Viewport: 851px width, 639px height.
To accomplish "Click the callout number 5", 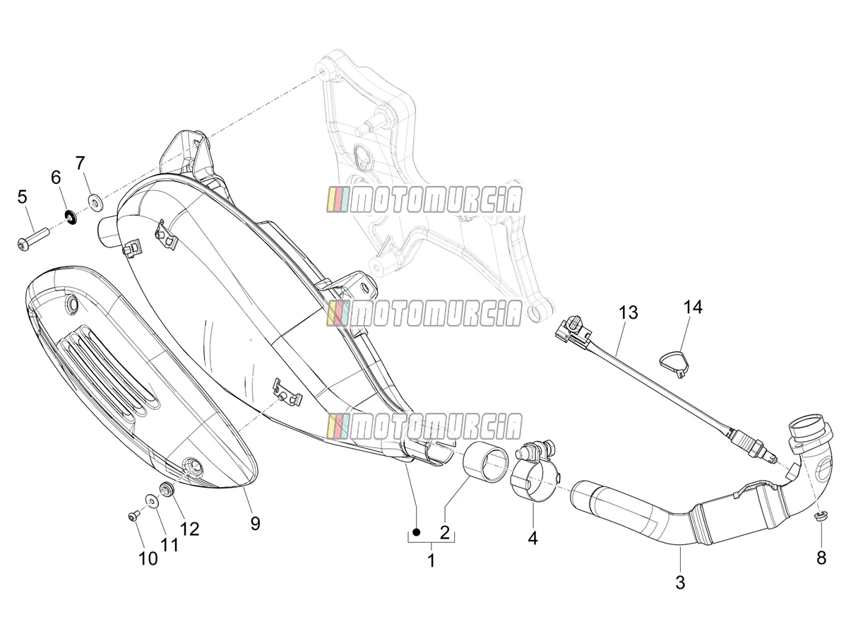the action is pos(23,197).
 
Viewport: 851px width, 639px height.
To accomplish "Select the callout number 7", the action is pos(80,163).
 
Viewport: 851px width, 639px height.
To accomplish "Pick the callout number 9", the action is pos(255,523).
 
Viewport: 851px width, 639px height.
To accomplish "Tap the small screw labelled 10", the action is pos(133,517).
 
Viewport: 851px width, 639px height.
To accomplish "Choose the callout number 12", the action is pos(189,529).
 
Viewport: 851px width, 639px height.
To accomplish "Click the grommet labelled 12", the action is pos(167,488).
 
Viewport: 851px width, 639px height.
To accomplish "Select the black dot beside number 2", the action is pos(417,532).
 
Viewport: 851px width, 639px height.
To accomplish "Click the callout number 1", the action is pos(431,561).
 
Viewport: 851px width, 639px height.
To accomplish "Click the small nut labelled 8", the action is pos(819,517).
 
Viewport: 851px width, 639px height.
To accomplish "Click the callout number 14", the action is pos(692,307).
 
